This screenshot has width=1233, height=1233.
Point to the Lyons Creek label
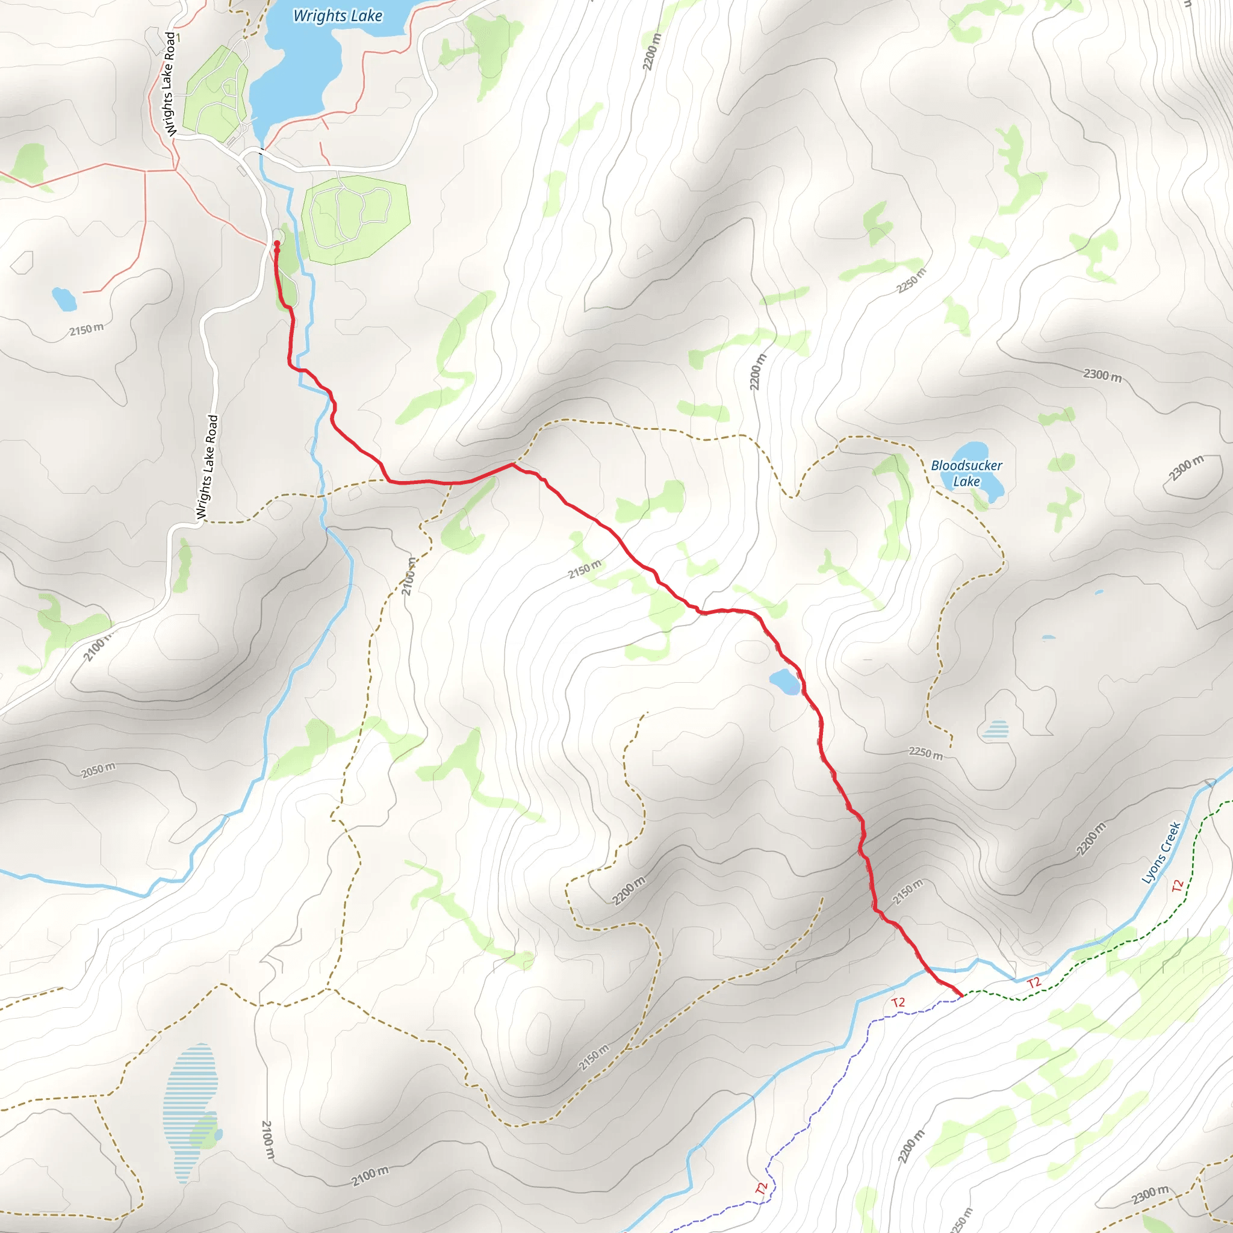click(1161, 853)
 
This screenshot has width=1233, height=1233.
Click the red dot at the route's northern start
click(277, 244)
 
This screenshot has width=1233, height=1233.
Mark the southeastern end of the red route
click(960, 995)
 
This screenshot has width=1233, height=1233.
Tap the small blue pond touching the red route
click(785, 682)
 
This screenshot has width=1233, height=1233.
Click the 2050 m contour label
click(98, 769)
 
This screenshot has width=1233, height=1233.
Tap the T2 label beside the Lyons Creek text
click(1178, 886)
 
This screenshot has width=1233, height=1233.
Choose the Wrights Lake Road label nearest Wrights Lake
click(170, 84)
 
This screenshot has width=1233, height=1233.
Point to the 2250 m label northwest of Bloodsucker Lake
click(911, 281)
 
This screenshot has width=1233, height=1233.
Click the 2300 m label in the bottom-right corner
click(1150, 1194)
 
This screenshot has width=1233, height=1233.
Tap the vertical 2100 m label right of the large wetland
click(267, 1140)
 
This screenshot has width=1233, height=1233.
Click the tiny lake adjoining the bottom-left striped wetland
click(219, 1135)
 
